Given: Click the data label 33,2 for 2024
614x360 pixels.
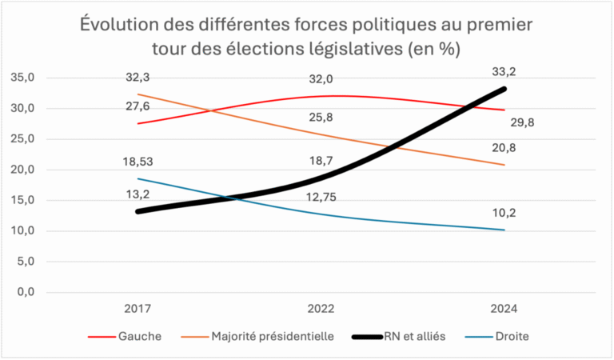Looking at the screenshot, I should (x=504, y=72).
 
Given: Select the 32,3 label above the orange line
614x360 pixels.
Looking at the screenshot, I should (x=138, y=78).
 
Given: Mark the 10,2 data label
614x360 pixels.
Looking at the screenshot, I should (x=504, y=213).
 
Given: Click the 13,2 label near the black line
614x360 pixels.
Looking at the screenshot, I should (x=138, y=194).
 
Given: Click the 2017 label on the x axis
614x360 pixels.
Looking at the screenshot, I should (x=138, y=309).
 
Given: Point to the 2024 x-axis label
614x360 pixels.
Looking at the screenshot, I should (x=504, y=309).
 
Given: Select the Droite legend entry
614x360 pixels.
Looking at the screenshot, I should (x=510, y=337).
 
